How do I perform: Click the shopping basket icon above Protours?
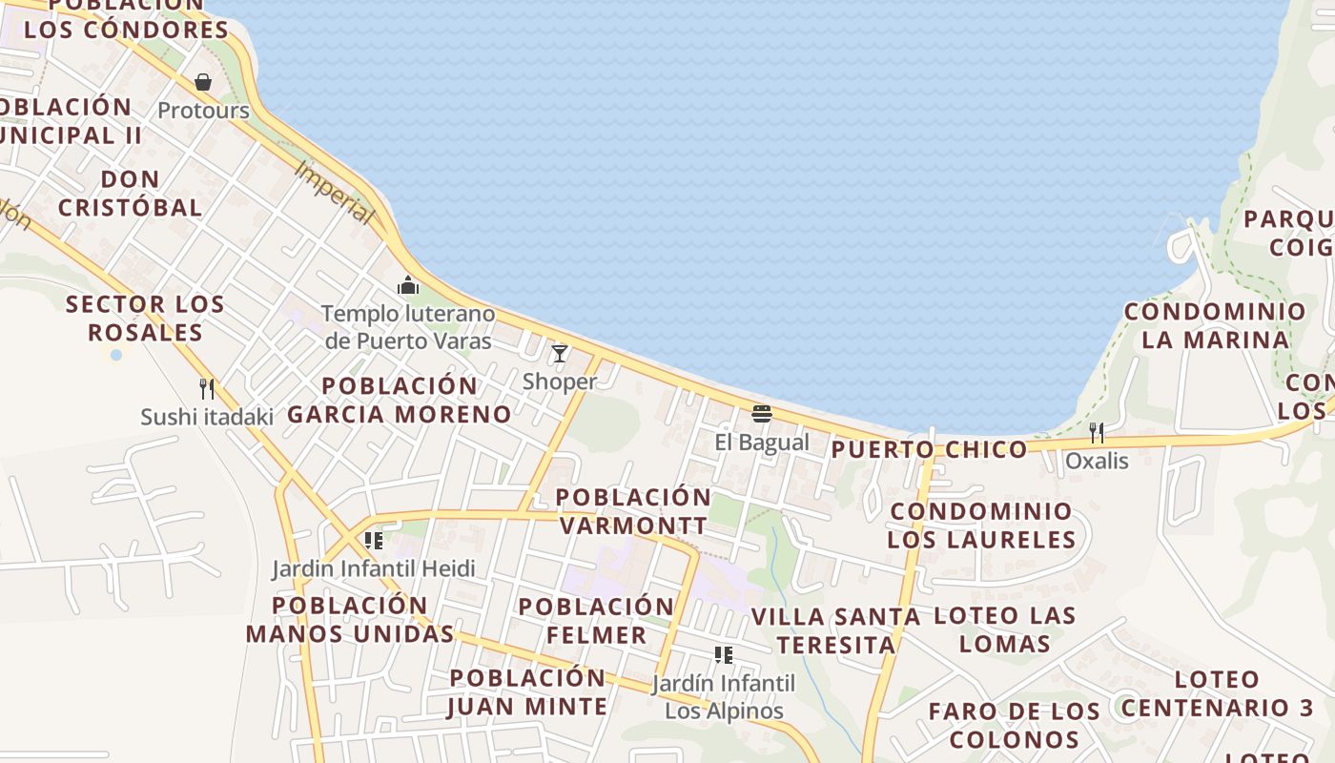(203, 82)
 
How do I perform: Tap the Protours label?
(203, 111)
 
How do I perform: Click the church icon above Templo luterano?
(408, 285)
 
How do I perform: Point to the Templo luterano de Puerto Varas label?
(408, 327)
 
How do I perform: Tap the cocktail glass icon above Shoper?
(560, 354)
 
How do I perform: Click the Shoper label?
(560, 381)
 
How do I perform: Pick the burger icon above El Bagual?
(761, 414)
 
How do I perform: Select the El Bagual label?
(761, 442)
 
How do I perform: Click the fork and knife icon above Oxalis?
(1097, 433)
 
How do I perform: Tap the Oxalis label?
(1097, 461)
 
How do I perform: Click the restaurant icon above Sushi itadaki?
(206, 388)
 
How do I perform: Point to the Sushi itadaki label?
(206, 417)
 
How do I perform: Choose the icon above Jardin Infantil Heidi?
(374, 541)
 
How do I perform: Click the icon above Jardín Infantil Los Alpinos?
(724, 655)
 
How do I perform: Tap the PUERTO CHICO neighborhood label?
(930, 449)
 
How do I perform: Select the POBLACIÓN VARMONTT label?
(633, 511)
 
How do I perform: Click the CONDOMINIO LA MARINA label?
(1215, 325)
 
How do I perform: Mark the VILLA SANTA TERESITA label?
(836, 630)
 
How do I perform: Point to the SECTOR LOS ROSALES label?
(145, 319)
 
